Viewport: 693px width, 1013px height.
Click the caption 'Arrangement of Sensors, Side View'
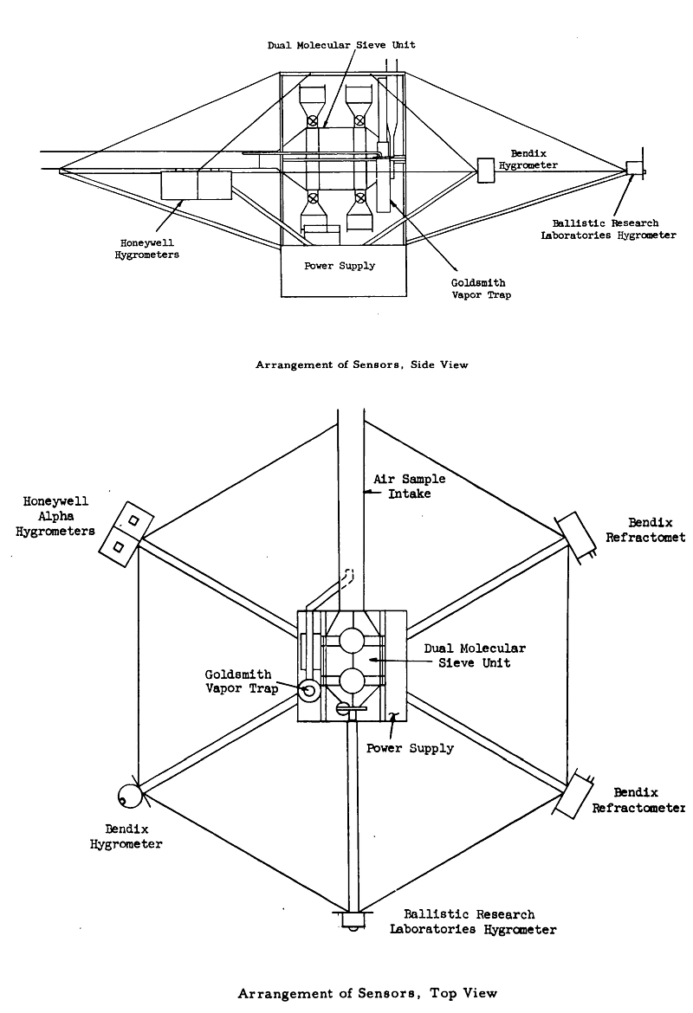click(x=361, y=365)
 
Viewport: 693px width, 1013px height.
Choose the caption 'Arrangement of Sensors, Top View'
click(x=367, y=993)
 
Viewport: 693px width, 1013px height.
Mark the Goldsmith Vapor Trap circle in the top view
click(x=309, y=691)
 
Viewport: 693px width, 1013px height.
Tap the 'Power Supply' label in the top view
click(x=409, y=747)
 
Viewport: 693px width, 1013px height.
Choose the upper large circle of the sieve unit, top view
click(x=352, y=642)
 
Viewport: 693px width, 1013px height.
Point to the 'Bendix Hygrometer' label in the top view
click(x=126, y=836)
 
